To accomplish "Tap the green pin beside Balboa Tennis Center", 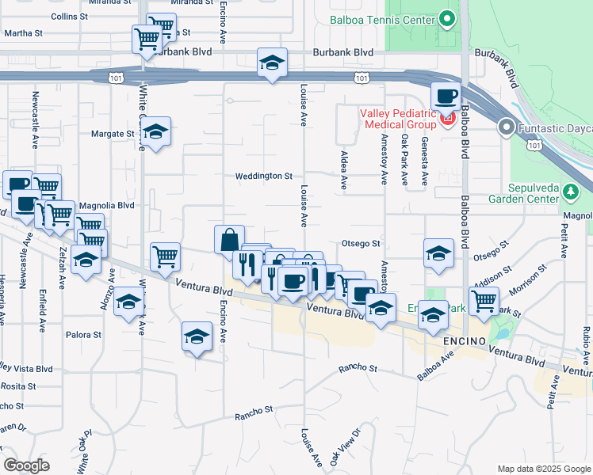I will point(446,17).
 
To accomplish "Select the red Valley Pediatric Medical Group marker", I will point(446,120).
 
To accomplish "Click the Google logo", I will point(26,465).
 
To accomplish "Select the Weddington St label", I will point(264,176).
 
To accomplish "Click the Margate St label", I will point(112,134).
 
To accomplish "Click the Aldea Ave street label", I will point(343,170).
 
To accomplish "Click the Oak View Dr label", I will point(345,446).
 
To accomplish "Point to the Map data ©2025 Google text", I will point(542,469).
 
